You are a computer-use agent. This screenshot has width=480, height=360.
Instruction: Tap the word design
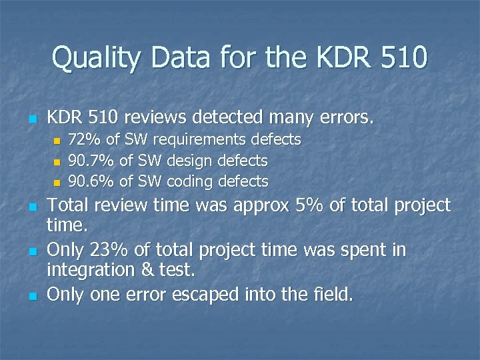click(x=189, y=161)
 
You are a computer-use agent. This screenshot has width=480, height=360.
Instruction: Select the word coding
click(x=189, y=182)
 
